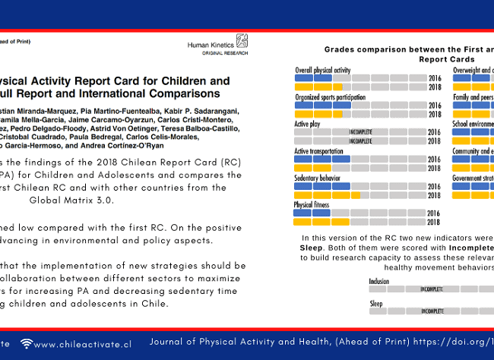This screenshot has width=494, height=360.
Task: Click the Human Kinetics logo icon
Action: [242, 42]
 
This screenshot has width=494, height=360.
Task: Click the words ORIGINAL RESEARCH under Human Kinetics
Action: [224, 54]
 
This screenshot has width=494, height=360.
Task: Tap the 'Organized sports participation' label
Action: [330, 97]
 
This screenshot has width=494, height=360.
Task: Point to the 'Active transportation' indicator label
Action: [320, 151]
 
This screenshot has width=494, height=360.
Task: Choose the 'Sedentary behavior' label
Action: [317, 178]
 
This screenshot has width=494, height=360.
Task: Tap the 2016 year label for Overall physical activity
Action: [434, 78]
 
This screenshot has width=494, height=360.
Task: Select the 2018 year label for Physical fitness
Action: [434, 222]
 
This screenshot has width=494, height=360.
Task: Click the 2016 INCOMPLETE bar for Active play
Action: [360, 131]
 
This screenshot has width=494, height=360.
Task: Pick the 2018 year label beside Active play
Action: [434, 141]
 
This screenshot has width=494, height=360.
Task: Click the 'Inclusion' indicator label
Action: [379, 281]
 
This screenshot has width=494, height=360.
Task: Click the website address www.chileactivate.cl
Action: [83, 344]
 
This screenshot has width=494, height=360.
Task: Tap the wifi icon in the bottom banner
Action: [27, 344]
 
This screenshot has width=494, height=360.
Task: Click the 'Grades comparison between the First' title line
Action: [406, 49]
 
